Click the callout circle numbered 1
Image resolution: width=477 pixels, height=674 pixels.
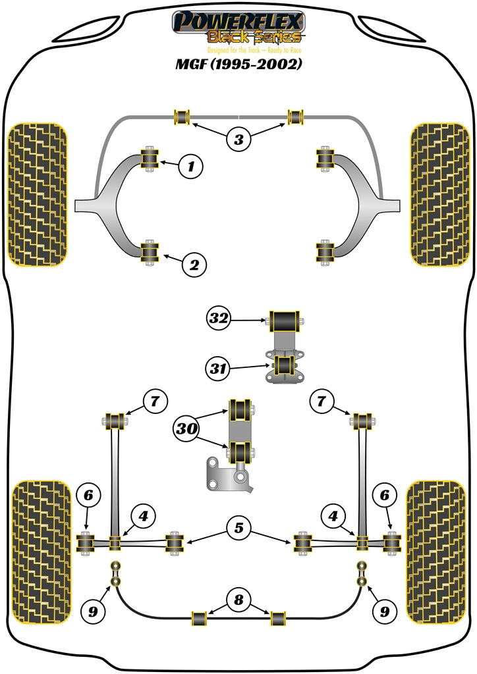tap(191, 167)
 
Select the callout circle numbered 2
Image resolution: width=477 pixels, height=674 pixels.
tap(194, 265)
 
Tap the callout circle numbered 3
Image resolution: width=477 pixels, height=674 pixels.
tap(238, 139)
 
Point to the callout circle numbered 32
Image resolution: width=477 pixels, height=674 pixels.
tap(219, 319)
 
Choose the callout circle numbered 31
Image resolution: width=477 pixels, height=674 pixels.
tap(219, 369)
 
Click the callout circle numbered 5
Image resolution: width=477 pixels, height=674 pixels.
tap(237, 527)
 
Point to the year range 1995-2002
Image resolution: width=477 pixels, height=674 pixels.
tap(264, 66)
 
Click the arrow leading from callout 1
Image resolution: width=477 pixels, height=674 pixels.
tap(169, 164)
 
